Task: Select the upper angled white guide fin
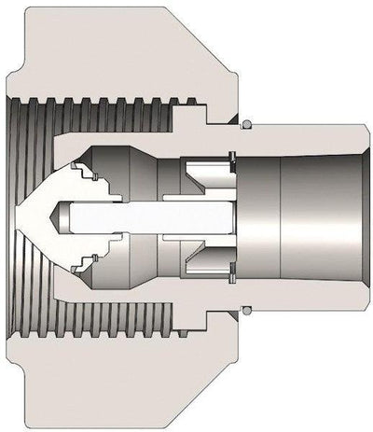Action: pyautogui.click(x=201, y=174)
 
